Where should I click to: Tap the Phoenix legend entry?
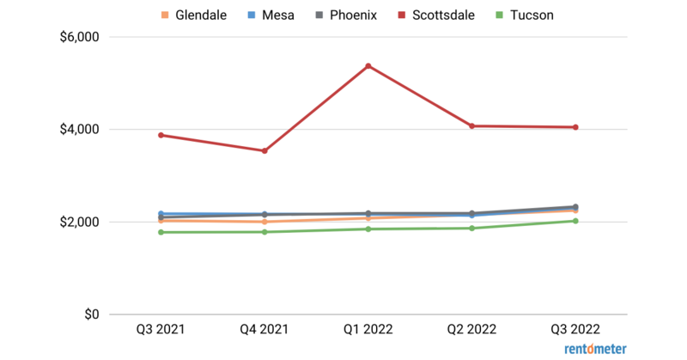coord(349,15)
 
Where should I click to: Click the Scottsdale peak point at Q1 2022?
coord(368,66)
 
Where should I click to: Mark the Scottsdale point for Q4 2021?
coord(264,151)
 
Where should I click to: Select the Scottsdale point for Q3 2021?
coord(161,135)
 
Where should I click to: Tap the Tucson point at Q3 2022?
coord(575,221)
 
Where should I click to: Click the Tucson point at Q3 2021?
coord(161,232)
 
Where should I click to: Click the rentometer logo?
coord(595,349)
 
